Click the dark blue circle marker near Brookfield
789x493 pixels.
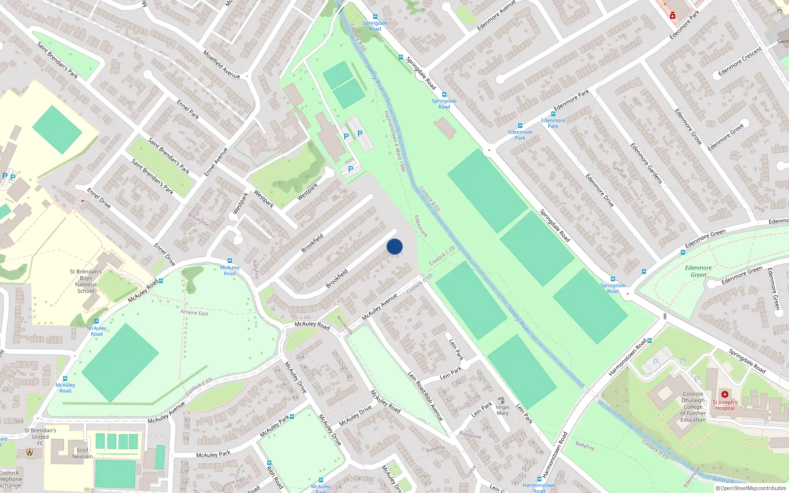pyautogui.click(x=394, y=246)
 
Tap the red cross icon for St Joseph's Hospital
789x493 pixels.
pyautogui.click(x=724, y=394)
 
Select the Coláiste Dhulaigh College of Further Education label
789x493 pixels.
pyautogui.click(x=693, y=407)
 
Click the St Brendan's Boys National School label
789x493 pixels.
pyautogui.click(x=86, y=281)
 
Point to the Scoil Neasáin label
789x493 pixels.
pyautogui.click(x=82, y=453)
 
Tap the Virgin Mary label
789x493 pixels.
pyautogui.click(x=502, y=410)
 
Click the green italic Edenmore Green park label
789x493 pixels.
pyautogui.click(x=698, y=271)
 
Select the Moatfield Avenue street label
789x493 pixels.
pyautogui.click(x=221, y=64)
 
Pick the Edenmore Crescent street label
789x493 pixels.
pyautogui.click(x=740, y=62)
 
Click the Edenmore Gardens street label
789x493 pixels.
pyautogui.click(x=646, y=163)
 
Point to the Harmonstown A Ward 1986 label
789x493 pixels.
pyautogui.click(x=394, y=141)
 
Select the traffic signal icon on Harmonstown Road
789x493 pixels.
pyautogui.click(x=665, y=316)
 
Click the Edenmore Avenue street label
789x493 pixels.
pyautogui.click(x=496, y=15)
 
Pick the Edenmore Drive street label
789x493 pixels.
pyautogui.click(x=600, y=190)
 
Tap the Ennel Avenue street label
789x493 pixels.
pyautogui.click(x=216, y=162)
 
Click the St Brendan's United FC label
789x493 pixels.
pyautogui.click(x=40, y=437)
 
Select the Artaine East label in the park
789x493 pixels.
pyautogui.click(x=194, y=313)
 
